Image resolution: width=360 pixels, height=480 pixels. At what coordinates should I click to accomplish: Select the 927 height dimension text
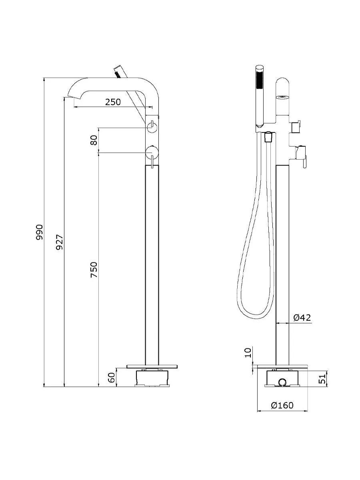point(60,242)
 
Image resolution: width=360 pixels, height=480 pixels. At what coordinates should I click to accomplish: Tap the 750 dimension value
point(94,270)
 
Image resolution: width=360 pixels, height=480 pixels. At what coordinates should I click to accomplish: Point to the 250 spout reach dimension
point(113,102)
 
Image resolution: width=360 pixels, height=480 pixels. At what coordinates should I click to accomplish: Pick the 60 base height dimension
point(112,378)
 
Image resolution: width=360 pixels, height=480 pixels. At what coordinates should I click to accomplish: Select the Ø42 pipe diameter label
point(302,317)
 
